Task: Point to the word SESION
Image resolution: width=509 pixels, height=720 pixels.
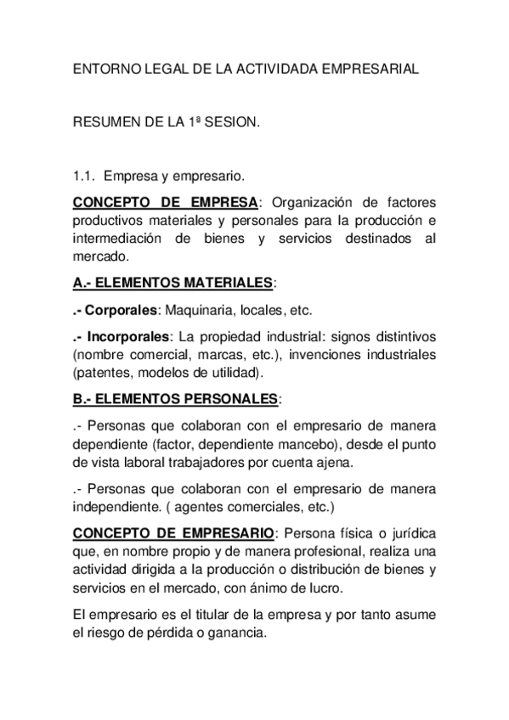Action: [x=233, y=123]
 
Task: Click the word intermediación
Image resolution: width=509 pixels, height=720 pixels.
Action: [x=122, y=239]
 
